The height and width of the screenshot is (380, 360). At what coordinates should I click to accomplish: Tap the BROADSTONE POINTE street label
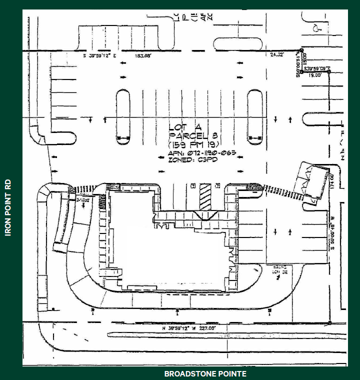point(205,373)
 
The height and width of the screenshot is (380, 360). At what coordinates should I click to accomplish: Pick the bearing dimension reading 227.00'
point(206,328)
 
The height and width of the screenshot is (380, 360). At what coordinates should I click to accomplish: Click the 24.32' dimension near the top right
point(277,53)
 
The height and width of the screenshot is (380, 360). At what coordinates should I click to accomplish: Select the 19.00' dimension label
point(315,75)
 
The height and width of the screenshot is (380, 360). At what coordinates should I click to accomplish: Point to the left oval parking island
point(123,117)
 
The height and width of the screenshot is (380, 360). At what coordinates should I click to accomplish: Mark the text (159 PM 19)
point(194,144)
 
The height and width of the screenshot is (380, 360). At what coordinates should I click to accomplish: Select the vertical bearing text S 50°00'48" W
point(332,237)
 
